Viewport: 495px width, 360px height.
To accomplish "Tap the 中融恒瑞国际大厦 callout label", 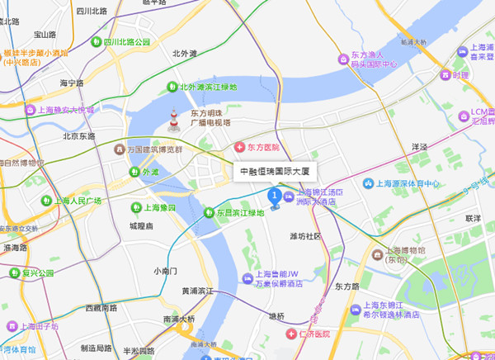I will tap(273, 172).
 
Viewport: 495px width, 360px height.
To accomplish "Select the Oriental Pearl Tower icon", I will tap(174, 121).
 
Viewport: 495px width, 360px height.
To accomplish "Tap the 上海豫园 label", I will tap(154, 207).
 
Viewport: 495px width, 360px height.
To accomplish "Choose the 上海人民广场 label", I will tap(78, 201).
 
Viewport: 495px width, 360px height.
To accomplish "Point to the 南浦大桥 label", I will tap(179, 319).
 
